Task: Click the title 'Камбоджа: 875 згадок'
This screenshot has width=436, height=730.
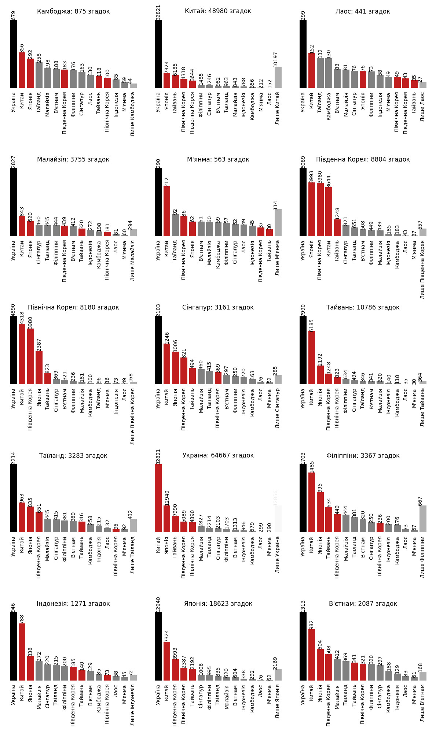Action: click(x=73, y=11)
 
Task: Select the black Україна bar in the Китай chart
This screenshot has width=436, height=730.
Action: click(x=158, y=54)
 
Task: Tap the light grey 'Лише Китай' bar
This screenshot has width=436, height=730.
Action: click(x=278, y=77)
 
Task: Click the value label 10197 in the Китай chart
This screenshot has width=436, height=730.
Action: click(x=276, y=59)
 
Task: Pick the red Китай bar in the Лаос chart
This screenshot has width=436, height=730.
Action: click(x=312, y=71)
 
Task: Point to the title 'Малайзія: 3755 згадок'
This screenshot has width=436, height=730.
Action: click(x=73, y=159)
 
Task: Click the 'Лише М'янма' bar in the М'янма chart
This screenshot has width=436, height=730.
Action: click(x=278, y=223)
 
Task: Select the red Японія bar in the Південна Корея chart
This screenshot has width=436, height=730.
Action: click(x=312, y=209)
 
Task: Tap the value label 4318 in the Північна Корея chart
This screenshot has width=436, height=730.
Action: click(x=22, y=318)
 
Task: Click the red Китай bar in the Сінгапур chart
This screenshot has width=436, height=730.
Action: click(x=167, y=364)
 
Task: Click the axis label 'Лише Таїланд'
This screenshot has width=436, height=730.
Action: click(x=133, y=555)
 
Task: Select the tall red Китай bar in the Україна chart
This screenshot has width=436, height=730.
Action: click(x=158, y=498)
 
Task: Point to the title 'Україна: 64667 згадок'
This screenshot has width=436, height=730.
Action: click(x=218, y=455)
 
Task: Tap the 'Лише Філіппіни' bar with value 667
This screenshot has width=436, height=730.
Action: click(x=423, y=519)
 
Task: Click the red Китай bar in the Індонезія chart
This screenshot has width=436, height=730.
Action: click(x=22, y=652)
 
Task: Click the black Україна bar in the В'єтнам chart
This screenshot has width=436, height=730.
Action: click(x=303, y=646)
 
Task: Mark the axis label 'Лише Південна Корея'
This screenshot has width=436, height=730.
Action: click(x=422, y=269)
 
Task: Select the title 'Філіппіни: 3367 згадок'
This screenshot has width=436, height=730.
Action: click(x=363, y=456)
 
